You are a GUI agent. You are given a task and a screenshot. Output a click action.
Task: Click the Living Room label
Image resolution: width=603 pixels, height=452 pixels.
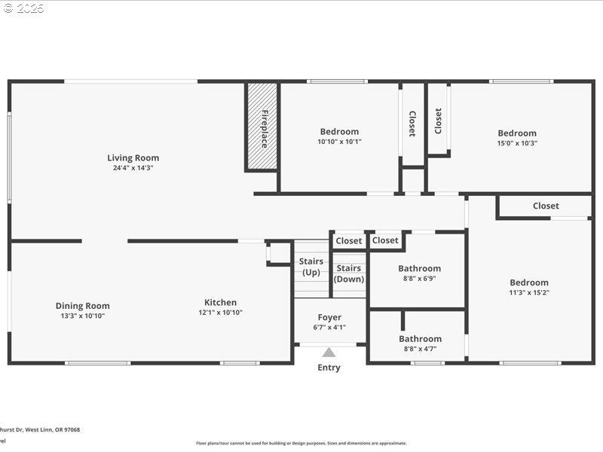pos(133,158)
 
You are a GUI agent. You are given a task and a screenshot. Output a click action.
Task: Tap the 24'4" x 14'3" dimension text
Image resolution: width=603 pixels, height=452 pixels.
pos(133,168)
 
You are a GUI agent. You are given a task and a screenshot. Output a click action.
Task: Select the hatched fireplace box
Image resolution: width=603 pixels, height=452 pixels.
pos(262,127)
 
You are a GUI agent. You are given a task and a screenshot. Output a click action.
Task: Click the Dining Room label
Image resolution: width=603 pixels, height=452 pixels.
pos(82,306)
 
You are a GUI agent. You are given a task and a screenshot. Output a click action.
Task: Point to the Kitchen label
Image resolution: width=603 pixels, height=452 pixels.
pos(220,303)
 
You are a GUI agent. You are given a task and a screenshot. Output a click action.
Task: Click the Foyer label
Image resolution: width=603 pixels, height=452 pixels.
pos(329,318)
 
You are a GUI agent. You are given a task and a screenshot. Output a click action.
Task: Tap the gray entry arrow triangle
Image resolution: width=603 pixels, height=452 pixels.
pos(329,352)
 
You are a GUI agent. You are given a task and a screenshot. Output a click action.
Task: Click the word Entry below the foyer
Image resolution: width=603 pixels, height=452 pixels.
pos(329,368)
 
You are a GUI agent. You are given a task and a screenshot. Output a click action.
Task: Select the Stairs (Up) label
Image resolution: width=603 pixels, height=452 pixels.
pos(311,267)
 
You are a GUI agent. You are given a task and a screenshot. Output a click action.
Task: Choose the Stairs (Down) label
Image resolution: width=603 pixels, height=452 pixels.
pos(348,273)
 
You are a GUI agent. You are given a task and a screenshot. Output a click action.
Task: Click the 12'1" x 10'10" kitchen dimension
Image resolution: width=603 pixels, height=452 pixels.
pos(220,313)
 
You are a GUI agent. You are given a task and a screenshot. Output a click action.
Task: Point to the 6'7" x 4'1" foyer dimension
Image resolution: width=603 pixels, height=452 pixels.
pos(329,328)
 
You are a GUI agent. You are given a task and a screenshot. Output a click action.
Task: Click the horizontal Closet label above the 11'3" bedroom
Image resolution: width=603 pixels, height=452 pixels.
pos(546,206)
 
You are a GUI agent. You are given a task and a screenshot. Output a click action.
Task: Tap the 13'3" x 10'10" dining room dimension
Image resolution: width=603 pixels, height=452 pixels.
pos(82,316)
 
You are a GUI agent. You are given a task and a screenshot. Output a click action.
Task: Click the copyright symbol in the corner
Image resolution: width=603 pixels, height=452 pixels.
pos(8,8)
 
